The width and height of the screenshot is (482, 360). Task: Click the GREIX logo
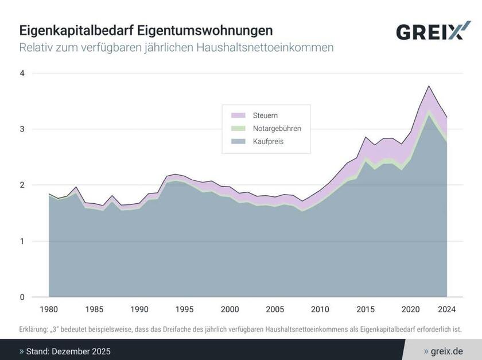429,31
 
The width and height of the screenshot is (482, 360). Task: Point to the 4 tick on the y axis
22,73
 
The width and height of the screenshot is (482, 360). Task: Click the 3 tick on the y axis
22,129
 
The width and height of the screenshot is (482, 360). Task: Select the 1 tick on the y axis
22,241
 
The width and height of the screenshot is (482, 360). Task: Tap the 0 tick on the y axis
22,297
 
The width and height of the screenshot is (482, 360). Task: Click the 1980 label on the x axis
49,309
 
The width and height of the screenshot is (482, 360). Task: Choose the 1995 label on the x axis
185,309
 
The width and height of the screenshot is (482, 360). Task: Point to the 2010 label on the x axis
320,309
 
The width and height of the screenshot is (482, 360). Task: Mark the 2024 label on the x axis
446,309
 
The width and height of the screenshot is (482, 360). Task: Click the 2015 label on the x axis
366,309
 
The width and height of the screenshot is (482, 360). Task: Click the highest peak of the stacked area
428,86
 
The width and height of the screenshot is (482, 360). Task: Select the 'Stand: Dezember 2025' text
68,351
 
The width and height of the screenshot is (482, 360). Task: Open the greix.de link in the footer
447,351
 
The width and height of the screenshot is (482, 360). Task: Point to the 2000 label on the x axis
230,309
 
